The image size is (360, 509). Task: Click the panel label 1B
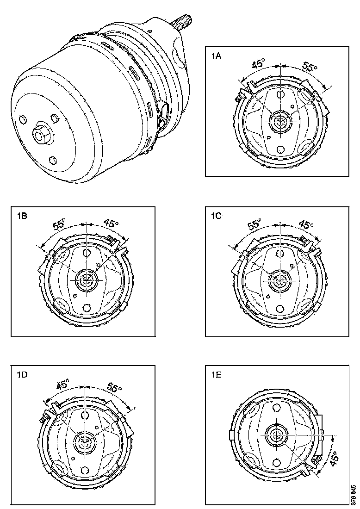(22, 215)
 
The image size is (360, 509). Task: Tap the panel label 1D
(22, 375)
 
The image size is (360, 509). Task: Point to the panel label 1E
(216, 375)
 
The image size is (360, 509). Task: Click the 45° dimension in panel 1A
(259, 64)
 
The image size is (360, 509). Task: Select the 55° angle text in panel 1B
(59, 225)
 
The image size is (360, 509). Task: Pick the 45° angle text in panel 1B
(110, 223)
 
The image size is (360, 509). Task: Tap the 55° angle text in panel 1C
(254, 225)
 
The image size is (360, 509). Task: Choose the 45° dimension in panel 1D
(62, 384)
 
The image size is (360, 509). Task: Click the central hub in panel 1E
(278, 435)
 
